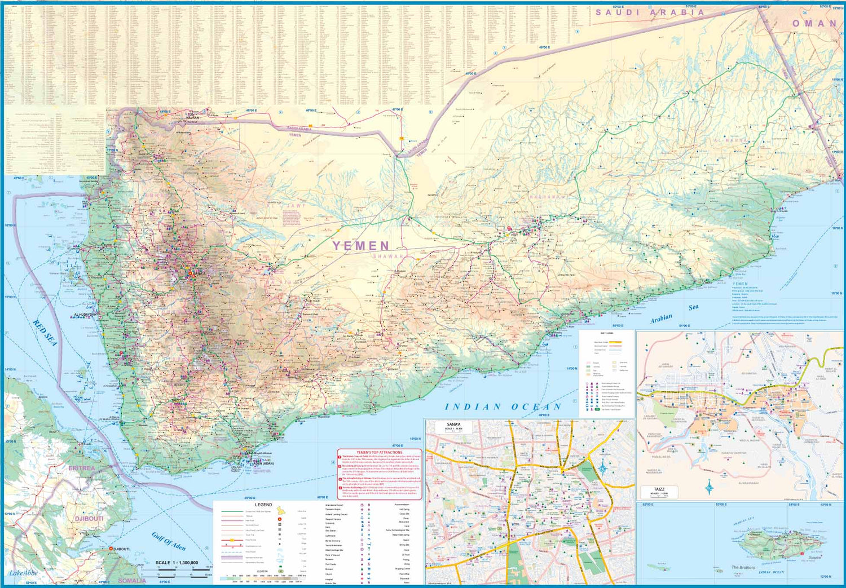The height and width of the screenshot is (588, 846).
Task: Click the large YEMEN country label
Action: [361, 246]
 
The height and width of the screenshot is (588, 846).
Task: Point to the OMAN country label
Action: [814, 24]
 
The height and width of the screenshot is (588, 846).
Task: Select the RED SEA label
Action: [45, 333]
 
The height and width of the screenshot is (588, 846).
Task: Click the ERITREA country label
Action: [82, 468]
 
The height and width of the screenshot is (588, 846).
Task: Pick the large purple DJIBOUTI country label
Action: [89, 518]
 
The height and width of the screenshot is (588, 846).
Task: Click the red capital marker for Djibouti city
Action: [111, 549]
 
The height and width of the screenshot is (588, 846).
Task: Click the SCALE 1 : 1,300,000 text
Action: [177, 563]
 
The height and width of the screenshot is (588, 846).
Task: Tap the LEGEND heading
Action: [263, 505]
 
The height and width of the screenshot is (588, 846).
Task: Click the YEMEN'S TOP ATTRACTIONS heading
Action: [380, 452]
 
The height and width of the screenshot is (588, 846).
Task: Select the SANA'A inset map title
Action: [453, 424]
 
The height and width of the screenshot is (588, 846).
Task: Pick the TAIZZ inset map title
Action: [659, 489]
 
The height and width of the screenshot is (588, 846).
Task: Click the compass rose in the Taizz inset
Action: [710, 486]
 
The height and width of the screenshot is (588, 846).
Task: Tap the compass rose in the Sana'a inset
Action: [603, 467]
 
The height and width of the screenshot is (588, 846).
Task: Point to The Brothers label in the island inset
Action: [743, 567]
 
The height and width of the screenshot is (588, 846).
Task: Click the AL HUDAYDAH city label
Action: [85, 315]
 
